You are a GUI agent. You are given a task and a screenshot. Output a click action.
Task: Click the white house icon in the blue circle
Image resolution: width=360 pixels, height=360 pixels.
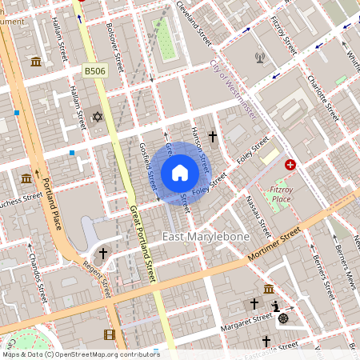coord(180,173)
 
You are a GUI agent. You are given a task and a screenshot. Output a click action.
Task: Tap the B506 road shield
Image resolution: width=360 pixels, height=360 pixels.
coord(94,72)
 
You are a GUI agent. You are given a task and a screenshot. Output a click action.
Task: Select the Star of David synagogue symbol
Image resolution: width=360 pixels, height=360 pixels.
coord(98,118)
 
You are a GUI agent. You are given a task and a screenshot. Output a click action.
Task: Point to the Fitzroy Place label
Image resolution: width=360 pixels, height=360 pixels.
coord(281,194)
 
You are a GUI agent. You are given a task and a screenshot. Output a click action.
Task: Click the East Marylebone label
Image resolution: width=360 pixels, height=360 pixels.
coord(206,237)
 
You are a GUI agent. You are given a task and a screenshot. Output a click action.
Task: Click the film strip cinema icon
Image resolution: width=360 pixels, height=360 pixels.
coord(109,334)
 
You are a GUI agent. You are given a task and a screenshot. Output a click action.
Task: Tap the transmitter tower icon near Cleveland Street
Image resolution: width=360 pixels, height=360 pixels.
coord(259,58)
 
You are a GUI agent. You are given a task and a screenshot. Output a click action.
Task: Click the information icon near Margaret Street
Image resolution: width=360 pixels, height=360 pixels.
coord(275,306)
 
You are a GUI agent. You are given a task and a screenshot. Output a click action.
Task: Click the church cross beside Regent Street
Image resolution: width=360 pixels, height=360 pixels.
coord(102,254)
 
